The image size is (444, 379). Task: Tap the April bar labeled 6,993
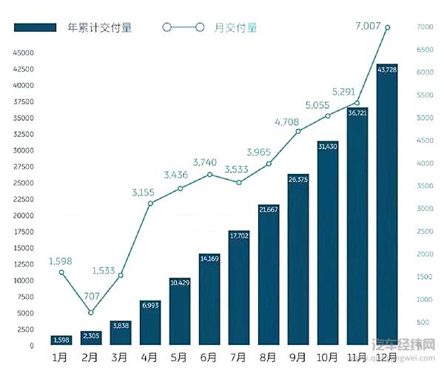(x=150, y=323)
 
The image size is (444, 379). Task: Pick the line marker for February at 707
(x=91, y=312)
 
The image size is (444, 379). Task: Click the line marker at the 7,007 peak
(x=387, y=27)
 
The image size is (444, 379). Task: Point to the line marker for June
(x=209, y=175)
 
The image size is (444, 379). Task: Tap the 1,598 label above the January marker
(x=61, y=261)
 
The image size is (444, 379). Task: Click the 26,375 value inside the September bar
(x=298, y=179)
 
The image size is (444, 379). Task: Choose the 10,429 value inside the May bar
(x=180, y=283)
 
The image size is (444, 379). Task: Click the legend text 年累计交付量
(x=99, y=27)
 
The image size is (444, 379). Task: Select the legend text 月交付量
(x=235, y=27)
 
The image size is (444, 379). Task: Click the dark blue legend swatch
(x=36, y=27)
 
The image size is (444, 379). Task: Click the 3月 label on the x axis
(x=121, y=358)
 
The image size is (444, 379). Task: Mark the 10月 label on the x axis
(x=328, y=358)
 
